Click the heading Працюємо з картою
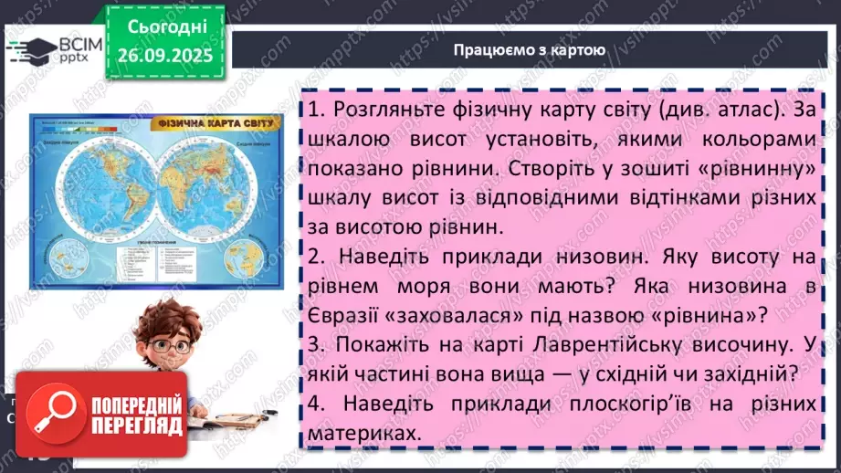click(530, 49)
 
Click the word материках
click(365, 435)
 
